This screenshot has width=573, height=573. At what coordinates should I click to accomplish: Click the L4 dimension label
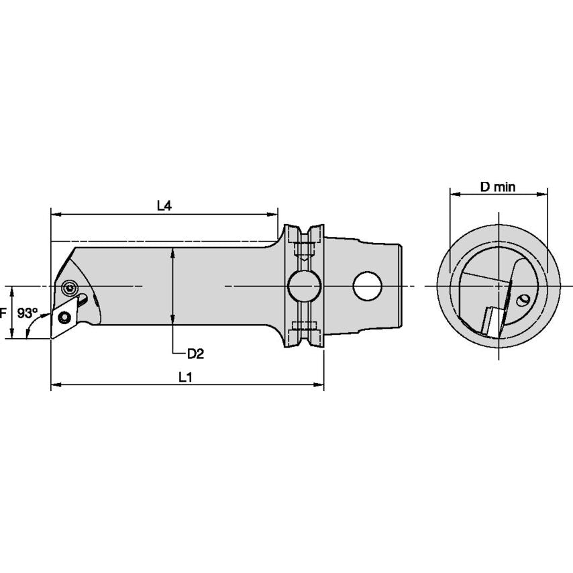(164, 206)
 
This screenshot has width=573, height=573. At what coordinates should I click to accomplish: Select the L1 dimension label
(185, 377)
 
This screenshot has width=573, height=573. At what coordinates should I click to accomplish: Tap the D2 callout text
(195, 353)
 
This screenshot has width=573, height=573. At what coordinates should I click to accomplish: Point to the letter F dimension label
(3, 313)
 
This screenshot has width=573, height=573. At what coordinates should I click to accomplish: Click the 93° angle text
(28, 313)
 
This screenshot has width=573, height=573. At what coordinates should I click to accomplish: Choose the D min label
(498, 187)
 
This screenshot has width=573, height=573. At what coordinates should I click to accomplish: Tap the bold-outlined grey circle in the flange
(304, 286)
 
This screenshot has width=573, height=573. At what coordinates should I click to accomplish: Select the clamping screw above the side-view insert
(68, 289)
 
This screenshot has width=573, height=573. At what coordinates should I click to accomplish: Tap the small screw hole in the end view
(525, 299)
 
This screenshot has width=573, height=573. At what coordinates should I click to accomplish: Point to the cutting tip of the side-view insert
(52, 337)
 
